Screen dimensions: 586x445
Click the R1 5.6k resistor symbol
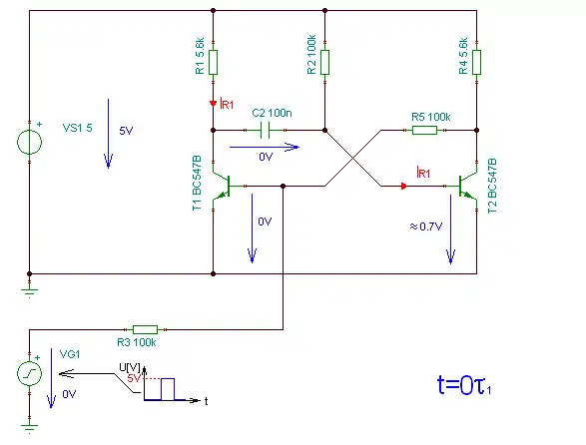tap(213, 62)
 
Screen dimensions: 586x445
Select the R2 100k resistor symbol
tap(324, 62)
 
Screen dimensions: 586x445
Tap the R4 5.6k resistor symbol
tap(476, 62)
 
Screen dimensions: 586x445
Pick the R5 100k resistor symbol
tap(424, 130)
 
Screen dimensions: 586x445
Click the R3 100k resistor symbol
tap(146, 329)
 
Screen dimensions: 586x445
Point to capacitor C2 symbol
tap(265, 130)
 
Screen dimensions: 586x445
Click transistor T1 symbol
tap(222, 186)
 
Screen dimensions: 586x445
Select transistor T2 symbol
tap(468, 186)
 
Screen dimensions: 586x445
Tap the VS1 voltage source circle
tap(30, 142)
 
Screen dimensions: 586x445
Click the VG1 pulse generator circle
tap(30, 373)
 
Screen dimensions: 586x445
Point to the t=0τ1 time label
tap(464, 385)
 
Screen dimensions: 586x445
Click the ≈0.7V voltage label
tap(426, 226)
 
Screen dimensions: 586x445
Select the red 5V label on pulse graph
tap(134, 378)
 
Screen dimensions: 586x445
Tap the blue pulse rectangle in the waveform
tap(168, 389)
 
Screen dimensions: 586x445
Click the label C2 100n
tap(272, 113)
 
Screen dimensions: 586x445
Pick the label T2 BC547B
tap(492, 186)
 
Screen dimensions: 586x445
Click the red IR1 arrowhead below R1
tap(213, 103)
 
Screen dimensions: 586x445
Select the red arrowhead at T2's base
tap(404, 186)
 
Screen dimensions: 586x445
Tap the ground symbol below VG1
tap(30, 428)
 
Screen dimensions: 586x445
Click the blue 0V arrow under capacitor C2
tap(265, 148)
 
